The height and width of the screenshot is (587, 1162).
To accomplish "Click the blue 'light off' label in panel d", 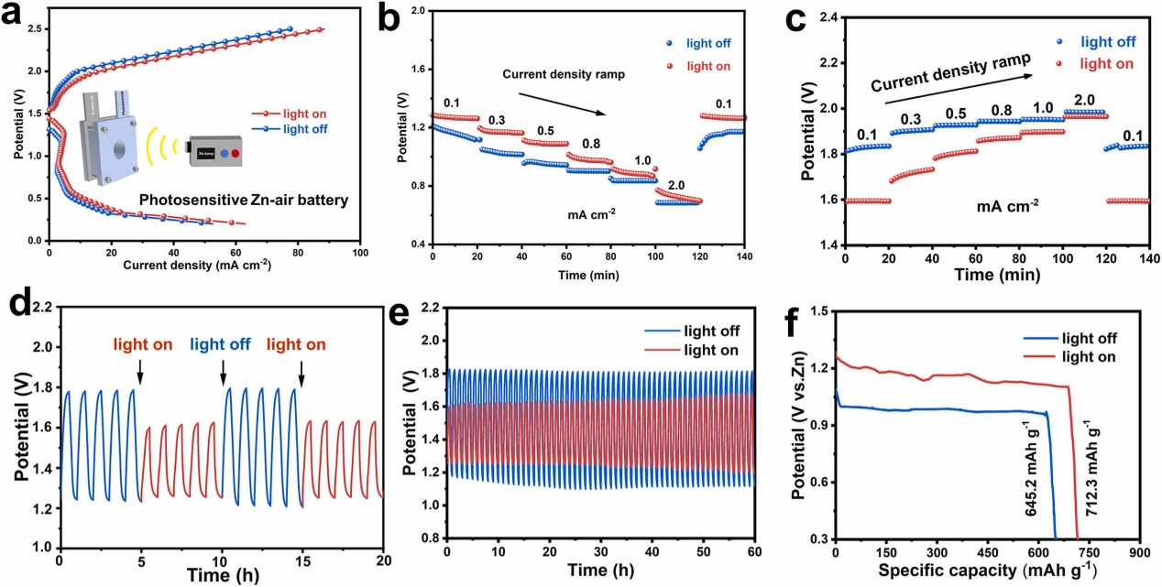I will pos(223,345).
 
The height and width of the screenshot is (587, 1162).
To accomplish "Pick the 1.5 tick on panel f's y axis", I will pos(820,312).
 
